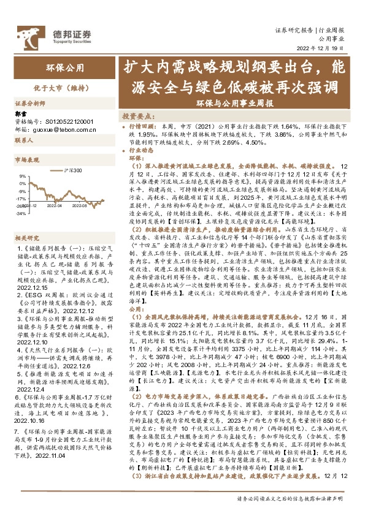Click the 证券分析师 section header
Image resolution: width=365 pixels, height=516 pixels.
30,104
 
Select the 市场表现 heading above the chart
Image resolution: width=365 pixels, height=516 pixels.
26,159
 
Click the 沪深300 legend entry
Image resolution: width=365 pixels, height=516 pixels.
73,169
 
